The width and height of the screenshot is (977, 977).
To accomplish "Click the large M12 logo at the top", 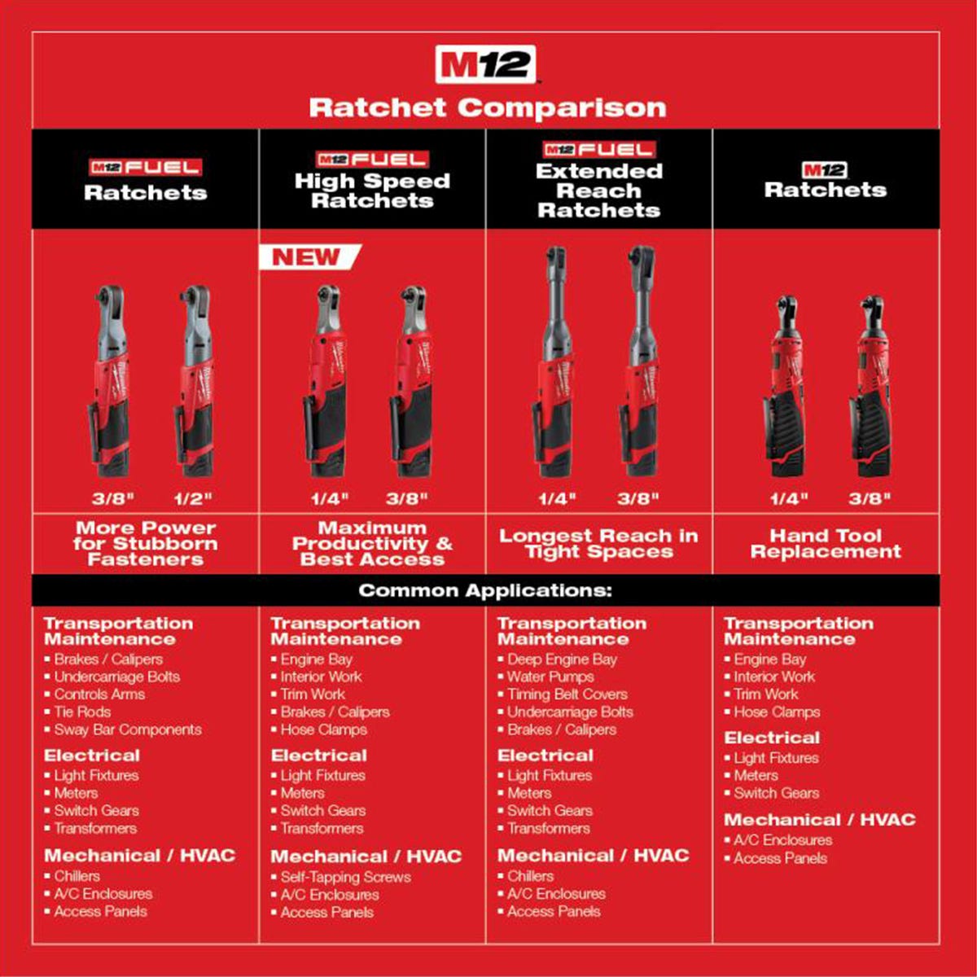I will click(486, 65).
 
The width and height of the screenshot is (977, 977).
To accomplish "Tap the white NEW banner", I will click(308, 257).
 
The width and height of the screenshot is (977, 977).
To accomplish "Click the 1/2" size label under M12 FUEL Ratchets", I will click(194, 498).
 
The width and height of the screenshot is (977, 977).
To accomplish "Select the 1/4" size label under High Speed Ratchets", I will click(330, 498).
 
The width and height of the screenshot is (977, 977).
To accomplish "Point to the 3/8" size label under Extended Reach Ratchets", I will click(637, 498).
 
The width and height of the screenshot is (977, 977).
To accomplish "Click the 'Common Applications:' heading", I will click(485, 590).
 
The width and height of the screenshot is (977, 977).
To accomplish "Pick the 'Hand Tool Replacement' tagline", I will click(826, 544).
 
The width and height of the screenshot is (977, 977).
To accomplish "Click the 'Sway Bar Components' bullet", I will click(128, 729).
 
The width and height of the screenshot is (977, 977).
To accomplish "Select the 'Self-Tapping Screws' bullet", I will click(345, 877).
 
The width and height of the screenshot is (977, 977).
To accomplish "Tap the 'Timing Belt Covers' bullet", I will click(567, 694).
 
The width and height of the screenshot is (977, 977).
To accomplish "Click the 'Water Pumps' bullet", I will click(550, 677).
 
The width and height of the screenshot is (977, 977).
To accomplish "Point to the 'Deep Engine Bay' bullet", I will click(562, 659).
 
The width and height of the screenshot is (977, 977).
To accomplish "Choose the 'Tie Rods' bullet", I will click(82, 712).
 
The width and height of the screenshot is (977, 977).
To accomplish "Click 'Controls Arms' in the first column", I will click(99, 694).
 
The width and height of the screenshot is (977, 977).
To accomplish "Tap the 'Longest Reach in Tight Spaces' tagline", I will click(598, 544).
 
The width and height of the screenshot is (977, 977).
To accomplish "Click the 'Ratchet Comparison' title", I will click(487, 107).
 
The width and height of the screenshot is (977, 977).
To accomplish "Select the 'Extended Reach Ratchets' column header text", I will click(598, 191).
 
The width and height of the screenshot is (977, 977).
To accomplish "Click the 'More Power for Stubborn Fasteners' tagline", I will click(146, 544).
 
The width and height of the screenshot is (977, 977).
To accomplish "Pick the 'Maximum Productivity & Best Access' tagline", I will click(372, 544).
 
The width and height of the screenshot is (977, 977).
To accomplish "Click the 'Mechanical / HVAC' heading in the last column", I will click(819, 820).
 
